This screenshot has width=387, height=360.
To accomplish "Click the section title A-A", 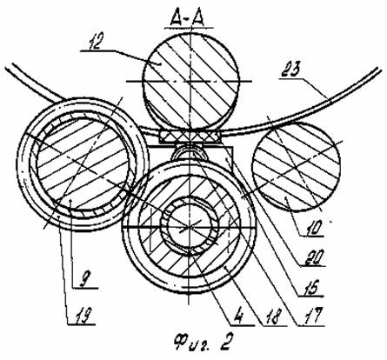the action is [x=189, y=19].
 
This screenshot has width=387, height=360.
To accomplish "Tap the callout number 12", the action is [x=94, y=43].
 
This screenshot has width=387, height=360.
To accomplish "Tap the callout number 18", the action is [x=272, y=317].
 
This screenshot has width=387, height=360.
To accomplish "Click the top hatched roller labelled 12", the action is [x=190, y=81].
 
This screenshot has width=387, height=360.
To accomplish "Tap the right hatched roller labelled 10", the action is [x=297, y=166].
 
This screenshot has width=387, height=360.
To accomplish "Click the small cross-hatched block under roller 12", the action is [x=189, y=135].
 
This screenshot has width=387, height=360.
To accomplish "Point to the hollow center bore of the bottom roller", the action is [x=188, y=227].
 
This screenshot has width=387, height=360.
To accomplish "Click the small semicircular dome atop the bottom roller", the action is [x=189, y=151].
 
